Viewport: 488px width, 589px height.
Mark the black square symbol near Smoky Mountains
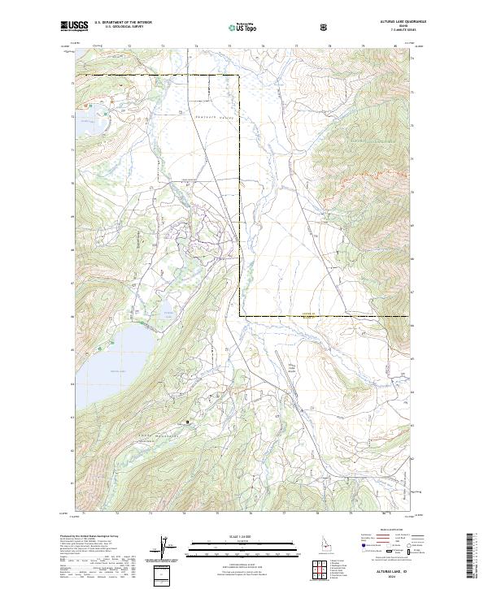tap(188, 422)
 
